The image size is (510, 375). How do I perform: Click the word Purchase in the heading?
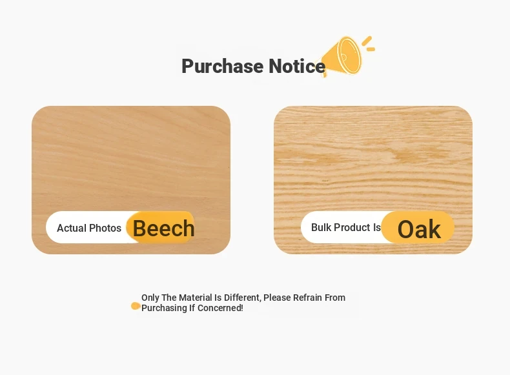(x=223, y=66)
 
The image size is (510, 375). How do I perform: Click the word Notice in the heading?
(x=297, y=66)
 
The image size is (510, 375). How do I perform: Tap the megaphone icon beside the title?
(x=342, y=57)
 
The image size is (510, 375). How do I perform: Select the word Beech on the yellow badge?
(x=163, y=228)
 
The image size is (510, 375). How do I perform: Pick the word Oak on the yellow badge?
(x=419, y=229)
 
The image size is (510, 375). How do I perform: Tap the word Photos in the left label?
(x=105, y=228)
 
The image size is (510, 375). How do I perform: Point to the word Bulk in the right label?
(x=321, y=227)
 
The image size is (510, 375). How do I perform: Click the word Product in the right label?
(x=352, y=227)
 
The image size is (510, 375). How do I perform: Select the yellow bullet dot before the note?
(x=136, y=306)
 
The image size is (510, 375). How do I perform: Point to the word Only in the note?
(x=150, y=298)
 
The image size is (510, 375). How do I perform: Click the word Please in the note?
(x=277, y=298)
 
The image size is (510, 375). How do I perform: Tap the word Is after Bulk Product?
(x=377, y=227)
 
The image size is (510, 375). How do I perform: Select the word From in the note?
(x=335, y=298)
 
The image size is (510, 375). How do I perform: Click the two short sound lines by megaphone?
(x=369, y=45)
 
